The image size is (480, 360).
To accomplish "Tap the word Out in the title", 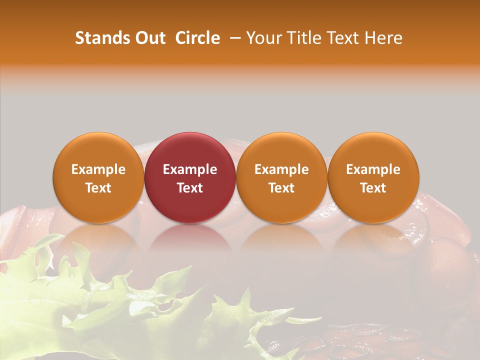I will click(149, 38).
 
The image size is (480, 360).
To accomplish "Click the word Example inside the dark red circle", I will click(190, 169).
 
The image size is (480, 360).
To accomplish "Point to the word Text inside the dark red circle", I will click(190, 188).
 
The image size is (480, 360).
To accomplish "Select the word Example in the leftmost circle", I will click(98, 169).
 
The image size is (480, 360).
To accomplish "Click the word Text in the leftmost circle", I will click(98, 188).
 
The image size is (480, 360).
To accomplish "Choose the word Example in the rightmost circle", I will click(373, 169).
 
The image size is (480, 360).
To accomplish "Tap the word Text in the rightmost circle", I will click(373, 188).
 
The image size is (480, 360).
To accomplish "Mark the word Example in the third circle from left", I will click(281, 169).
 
